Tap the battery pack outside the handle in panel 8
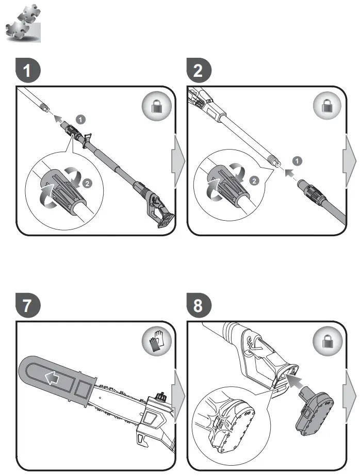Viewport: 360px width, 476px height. point(316,416)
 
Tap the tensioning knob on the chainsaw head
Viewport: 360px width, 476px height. point(158,398)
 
